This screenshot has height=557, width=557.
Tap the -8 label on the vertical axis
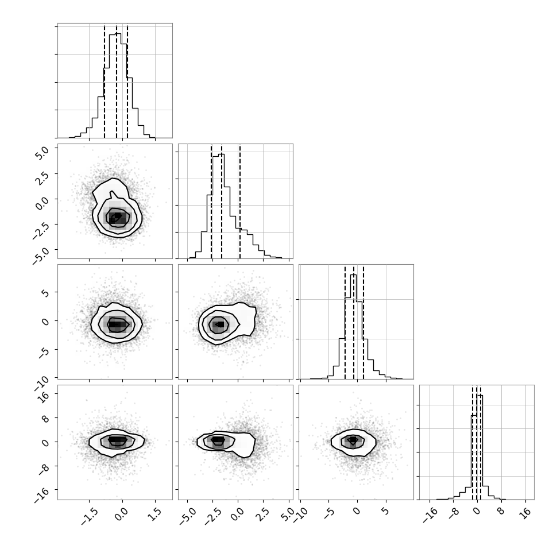click(x=42, y=469)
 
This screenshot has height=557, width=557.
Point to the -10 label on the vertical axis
click(x=41, y=383)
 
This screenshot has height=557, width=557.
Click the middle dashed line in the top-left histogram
click(x=117, y=82)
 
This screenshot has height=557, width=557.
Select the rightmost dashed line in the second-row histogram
click(x=240, y=202)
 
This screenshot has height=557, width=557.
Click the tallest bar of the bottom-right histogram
click(x=479, y=447)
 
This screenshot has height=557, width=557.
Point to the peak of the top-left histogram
click(x=115, y=34)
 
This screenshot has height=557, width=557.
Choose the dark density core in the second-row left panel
click(x=116, y=216)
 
